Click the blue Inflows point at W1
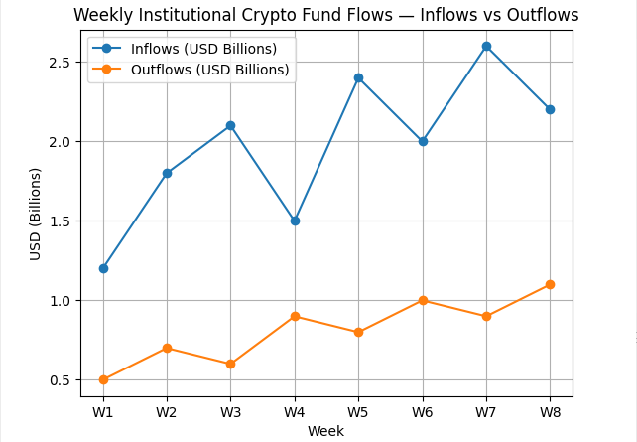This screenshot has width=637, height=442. point(103,268)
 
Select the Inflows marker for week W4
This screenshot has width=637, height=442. point(295,221)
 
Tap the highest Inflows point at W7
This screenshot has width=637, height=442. point(486,46)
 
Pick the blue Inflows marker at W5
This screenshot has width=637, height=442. point(358,77)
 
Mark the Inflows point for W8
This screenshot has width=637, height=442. point(550,109)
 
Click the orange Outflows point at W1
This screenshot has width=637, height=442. point(103,379)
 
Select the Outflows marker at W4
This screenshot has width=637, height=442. point(295,316)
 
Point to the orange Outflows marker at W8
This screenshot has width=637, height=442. point(550,284)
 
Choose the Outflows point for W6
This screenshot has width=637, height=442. point(423,300)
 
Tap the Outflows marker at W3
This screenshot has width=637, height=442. point(230,364)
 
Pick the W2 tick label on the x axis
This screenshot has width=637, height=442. point(167,411)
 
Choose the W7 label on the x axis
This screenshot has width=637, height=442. point(486,411)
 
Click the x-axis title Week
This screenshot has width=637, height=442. point(325,431)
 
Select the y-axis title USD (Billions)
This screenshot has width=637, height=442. point(36,214)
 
